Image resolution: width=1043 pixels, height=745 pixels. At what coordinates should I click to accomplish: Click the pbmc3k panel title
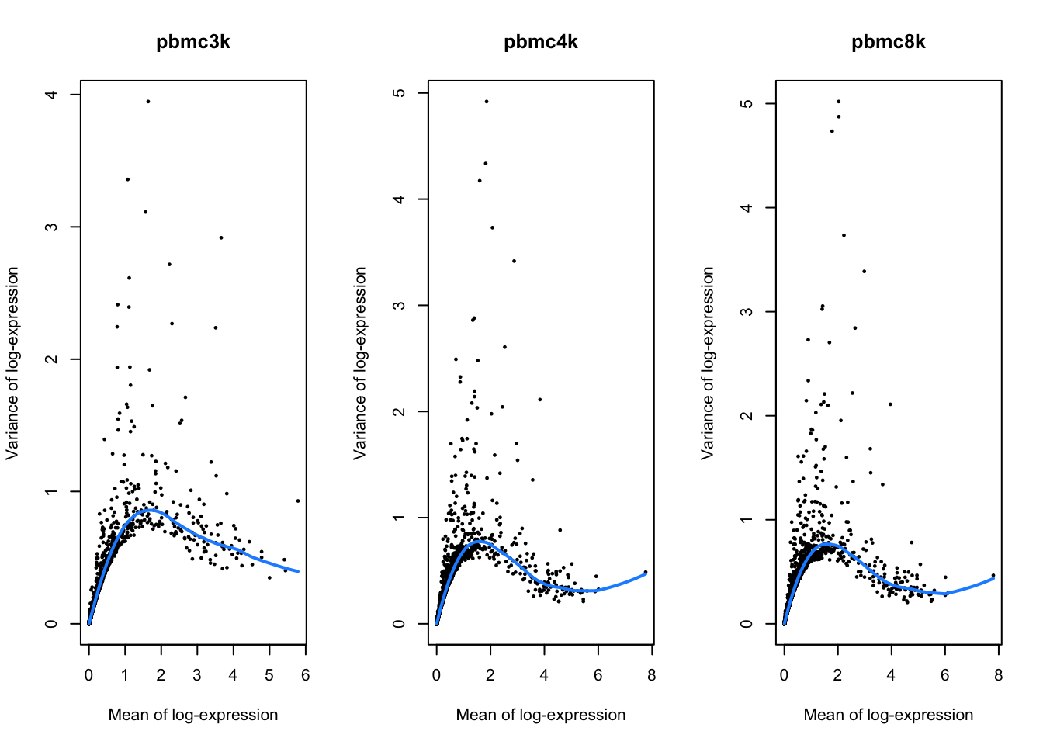tap(192, 42)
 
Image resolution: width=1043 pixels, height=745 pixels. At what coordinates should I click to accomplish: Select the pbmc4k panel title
tap(540, 42)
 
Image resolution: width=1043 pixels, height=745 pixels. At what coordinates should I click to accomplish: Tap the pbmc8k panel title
tap(888, 42)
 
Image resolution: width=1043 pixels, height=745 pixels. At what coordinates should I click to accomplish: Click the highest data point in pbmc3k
tap(147, 101)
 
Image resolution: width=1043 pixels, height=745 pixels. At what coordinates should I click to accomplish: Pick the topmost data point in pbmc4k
tap(486, 101)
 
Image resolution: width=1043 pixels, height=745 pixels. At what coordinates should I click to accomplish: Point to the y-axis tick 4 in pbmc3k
tap(51, 95)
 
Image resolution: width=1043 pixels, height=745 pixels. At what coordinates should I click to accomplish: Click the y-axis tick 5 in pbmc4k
tap(399, 93)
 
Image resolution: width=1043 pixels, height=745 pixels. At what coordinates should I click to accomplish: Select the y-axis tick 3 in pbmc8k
tap(747, 312)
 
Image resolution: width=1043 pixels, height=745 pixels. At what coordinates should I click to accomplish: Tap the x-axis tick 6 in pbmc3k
tap(305, 675)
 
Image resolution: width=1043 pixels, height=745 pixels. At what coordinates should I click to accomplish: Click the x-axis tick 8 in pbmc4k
tap(651, 675)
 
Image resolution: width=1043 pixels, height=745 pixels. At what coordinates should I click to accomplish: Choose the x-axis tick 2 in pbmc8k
tap(837, 675)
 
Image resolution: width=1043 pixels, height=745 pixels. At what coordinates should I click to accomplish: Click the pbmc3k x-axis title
tap(192, 715)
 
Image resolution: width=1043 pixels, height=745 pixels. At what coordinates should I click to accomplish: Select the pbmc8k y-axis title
tap(707, 363)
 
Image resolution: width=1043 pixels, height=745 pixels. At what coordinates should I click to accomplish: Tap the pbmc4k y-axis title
tap(359, 363)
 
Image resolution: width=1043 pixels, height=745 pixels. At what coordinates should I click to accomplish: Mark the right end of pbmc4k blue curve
tap(646, 573)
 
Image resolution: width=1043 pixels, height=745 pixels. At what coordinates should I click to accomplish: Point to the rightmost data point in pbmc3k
tap(297, 501)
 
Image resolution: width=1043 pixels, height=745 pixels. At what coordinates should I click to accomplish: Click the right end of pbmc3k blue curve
tap(298, 572)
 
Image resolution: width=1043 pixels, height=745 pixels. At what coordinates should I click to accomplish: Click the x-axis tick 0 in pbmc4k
tap(436, 675)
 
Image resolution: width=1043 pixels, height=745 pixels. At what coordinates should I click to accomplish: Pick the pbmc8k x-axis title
tap(888, 715)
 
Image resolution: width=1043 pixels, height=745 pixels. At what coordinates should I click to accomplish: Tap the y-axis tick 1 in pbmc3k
tap(51, 491)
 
